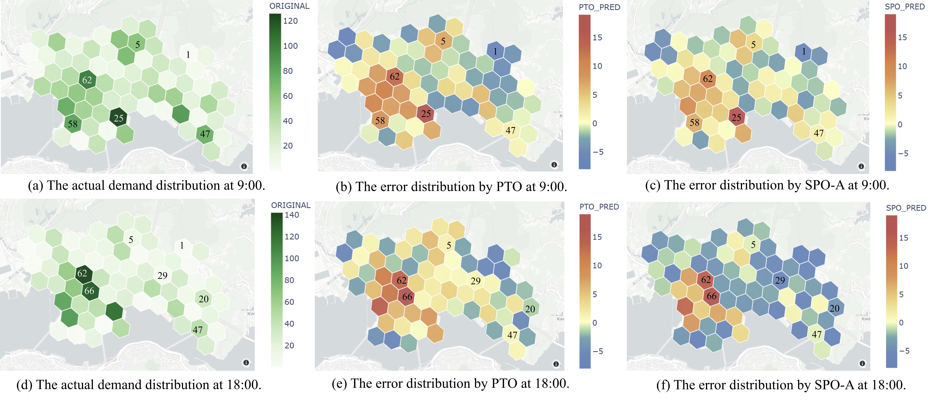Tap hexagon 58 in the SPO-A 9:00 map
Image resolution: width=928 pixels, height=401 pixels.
coord(694,122)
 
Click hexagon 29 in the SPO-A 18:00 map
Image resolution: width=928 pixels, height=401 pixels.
coord(780,280)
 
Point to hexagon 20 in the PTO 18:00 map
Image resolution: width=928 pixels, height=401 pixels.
coord(530,309)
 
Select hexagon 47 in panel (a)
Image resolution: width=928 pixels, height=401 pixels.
coord(205,134)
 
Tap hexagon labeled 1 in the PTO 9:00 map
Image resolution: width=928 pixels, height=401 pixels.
coord(495,51)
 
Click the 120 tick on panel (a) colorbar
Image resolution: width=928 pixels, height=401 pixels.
coord(290,21)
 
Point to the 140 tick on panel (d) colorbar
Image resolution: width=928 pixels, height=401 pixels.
coord(292,215)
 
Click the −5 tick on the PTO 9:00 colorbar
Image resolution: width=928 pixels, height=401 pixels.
coord(598,152)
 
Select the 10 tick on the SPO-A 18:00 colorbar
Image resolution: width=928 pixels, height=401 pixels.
coord(904,266)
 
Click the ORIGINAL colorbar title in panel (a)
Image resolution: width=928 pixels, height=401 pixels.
coord(289,6)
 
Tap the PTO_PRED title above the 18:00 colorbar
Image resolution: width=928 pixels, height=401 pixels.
coord(599,207)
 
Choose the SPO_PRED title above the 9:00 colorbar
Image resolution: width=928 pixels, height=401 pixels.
coord(905,7)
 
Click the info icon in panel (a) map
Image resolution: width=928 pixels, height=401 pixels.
coord(244,166)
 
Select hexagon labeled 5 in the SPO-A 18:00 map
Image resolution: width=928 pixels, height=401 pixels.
coord(753,245)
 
